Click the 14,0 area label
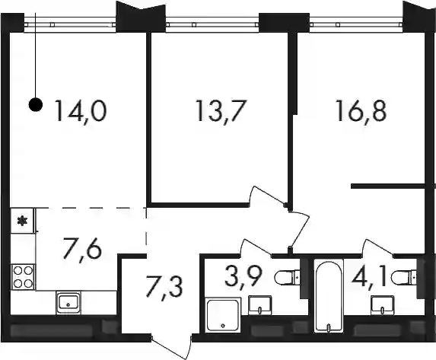coord(81,111)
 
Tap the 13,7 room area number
coord(221,111)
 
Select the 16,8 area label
coord(361,111)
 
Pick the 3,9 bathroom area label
coord(243,278)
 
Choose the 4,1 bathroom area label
coord(369,278)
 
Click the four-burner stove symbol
coord(23,277)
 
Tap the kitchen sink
coord(68,303)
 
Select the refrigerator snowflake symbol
coord(22,221)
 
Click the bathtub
coord(329,295)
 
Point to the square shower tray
coord(223,314)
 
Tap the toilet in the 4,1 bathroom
coord(404,277)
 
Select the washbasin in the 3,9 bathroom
coord(259,305)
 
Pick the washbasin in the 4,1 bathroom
coord(383,305)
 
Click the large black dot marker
coord(36,105)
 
